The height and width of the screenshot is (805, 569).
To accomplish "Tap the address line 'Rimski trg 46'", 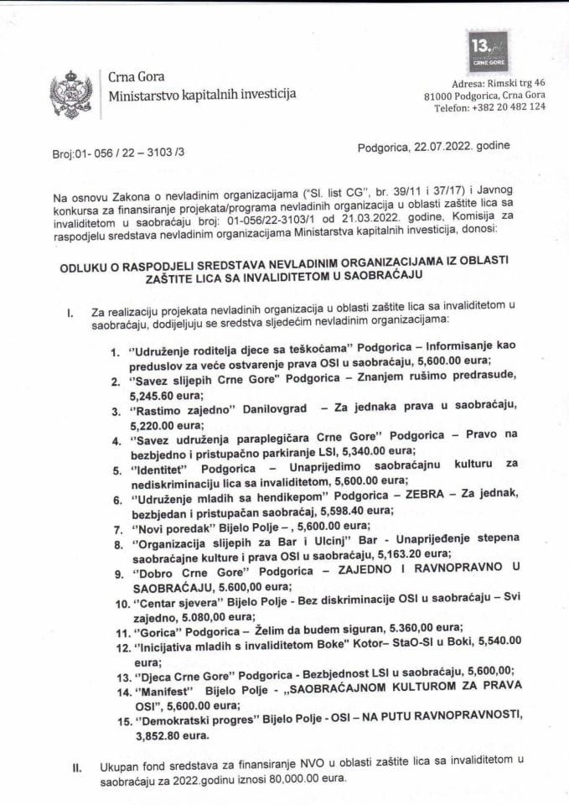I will (513, 84).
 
